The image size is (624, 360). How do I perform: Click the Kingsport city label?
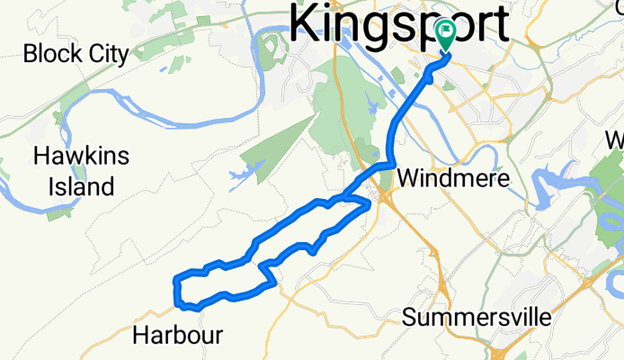coord(400,21)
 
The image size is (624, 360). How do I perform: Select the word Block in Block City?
coord(49,54)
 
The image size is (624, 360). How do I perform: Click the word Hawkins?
coord(81,157)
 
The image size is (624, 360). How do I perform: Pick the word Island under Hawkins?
coord(81,187)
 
